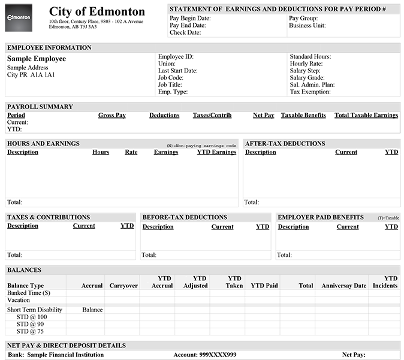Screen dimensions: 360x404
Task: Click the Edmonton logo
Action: click(x=19, y=18)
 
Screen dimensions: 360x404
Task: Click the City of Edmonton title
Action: click(x=97, y=12)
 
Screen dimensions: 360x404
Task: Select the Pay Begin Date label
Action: click(x=190, y=19)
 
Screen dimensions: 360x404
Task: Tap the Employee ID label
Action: click(x=176, y=57)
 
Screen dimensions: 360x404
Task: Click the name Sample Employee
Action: click(x=37, y=59)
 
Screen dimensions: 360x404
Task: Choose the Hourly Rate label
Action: click(x=306, y=64)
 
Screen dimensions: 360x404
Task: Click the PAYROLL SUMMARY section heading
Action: click(x=40, y=107)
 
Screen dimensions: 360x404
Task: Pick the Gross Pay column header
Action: click(x=112, y=115)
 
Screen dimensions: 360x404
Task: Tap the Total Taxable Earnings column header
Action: click(x=366, y=115)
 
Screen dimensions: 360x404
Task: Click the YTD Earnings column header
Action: click(x=216, y=152)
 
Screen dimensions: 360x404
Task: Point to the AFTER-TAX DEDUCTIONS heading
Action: click(x=285, y=144)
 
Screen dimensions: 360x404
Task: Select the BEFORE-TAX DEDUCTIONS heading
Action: click(x=185, y=217)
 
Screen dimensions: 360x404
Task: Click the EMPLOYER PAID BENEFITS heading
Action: click(x=321, y=217)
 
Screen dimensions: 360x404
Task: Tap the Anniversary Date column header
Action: click(x=343, y=286)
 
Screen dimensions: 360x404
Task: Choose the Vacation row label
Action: click(x=19, y=300)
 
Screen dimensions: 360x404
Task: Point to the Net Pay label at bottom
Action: click(x=354, y=355)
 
